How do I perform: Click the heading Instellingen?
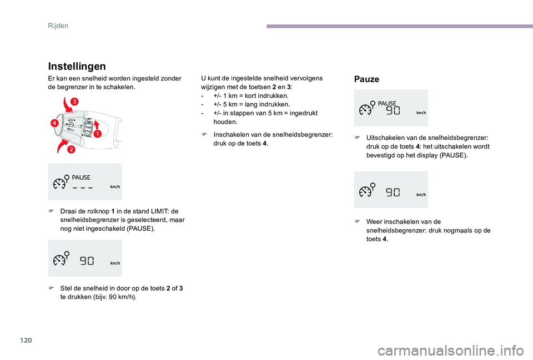tap(78, 66)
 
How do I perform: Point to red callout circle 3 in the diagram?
tap(74, 101)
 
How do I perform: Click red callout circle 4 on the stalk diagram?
tap(56, 123)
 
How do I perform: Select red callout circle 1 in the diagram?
tap(97, 134)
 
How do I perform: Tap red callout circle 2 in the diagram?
tap(72, 150)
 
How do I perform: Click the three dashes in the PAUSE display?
tap(83, 187)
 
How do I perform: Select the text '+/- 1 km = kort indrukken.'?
tap(250, 96)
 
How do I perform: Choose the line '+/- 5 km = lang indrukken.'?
tap(250, 104)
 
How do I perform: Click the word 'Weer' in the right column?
tap(375, 221)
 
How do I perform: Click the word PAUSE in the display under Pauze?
tap(388, 103)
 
